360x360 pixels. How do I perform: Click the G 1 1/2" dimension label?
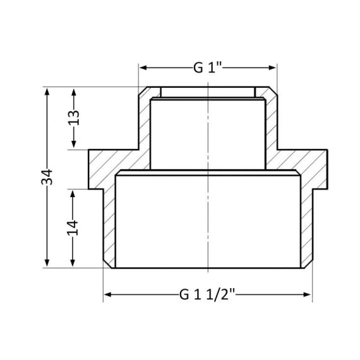208,294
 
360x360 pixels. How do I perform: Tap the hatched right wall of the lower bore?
308,227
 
